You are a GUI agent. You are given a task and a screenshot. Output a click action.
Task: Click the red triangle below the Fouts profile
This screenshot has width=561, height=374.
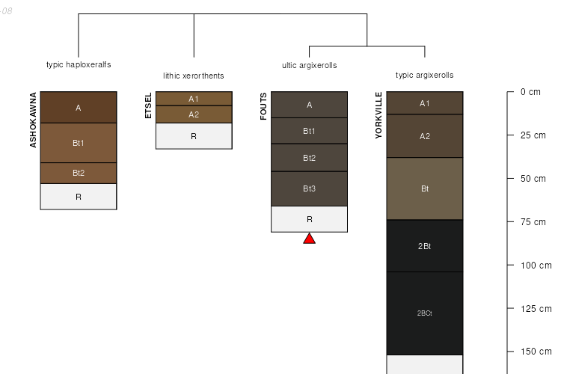(309, 239)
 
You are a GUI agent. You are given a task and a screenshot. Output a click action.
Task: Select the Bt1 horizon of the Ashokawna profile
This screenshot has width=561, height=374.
(79, 142)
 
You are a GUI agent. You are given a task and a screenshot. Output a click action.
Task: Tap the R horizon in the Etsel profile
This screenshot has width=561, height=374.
(194, 136)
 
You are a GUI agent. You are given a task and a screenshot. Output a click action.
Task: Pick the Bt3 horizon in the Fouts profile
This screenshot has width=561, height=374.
(309, 188)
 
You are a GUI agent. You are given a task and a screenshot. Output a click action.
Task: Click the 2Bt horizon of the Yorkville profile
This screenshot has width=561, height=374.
(424, 246)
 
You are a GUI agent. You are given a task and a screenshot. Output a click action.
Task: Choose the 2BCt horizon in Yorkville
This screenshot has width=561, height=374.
(424, 313)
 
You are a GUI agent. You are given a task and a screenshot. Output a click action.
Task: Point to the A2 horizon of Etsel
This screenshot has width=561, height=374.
(194, 114)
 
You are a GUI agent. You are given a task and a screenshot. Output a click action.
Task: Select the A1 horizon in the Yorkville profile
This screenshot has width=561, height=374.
(424, 103)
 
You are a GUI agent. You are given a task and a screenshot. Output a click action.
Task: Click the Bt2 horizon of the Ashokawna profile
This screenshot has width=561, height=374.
(79, 173)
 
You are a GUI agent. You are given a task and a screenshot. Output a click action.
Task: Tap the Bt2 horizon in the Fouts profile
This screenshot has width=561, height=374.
(309, 158)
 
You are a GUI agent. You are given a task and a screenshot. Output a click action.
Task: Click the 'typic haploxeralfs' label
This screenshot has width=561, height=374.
(79, 64)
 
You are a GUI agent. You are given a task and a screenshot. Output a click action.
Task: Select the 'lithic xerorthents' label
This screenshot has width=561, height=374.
(194, 76)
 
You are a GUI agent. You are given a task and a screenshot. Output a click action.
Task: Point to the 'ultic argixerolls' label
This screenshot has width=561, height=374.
(309, 65)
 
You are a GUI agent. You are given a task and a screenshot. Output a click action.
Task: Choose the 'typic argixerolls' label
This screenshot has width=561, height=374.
(424, 75)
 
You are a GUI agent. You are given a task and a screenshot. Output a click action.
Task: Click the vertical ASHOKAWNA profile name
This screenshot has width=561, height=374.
(33, 120)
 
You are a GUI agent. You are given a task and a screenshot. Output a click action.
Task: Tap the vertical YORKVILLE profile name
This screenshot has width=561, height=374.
(378, 115)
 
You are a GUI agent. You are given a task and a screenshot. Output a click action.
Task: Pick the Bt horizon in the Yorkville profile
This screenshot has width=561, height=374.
(424, 188)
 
